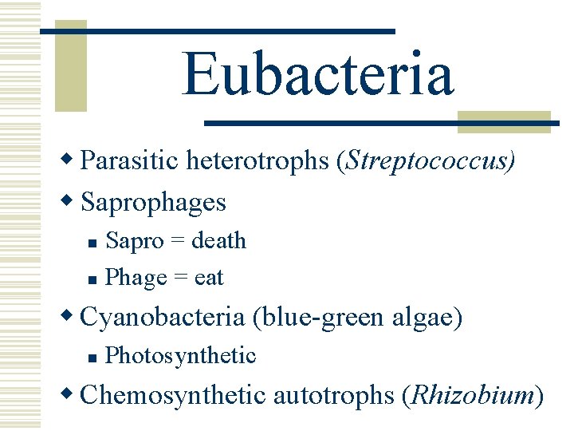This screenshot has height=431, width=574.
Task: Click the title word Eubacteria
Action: coord(318,73)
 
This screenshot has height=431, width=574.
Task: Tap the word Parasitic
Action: coord(131,160)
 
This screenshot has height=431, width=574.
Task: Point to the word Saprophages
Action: coord(154,203)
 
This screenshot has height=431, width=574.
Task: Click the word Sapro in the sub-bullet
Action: coord(135,241)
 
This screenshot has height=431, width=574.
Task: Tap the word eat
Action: coord(209,278)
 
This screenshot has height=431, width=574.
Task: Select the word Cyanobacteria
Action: coord(163,317)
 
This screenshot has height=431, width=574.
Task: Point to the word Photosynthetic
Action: coord(180,355)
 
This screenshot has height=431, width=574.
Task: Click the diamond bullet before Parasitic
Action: coord(71,160)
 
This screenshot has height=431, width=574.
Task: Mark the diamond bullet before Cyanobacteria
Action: coord(71,316)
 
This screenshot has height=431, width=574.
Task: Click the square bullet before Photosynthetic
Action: coord(92,357)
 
